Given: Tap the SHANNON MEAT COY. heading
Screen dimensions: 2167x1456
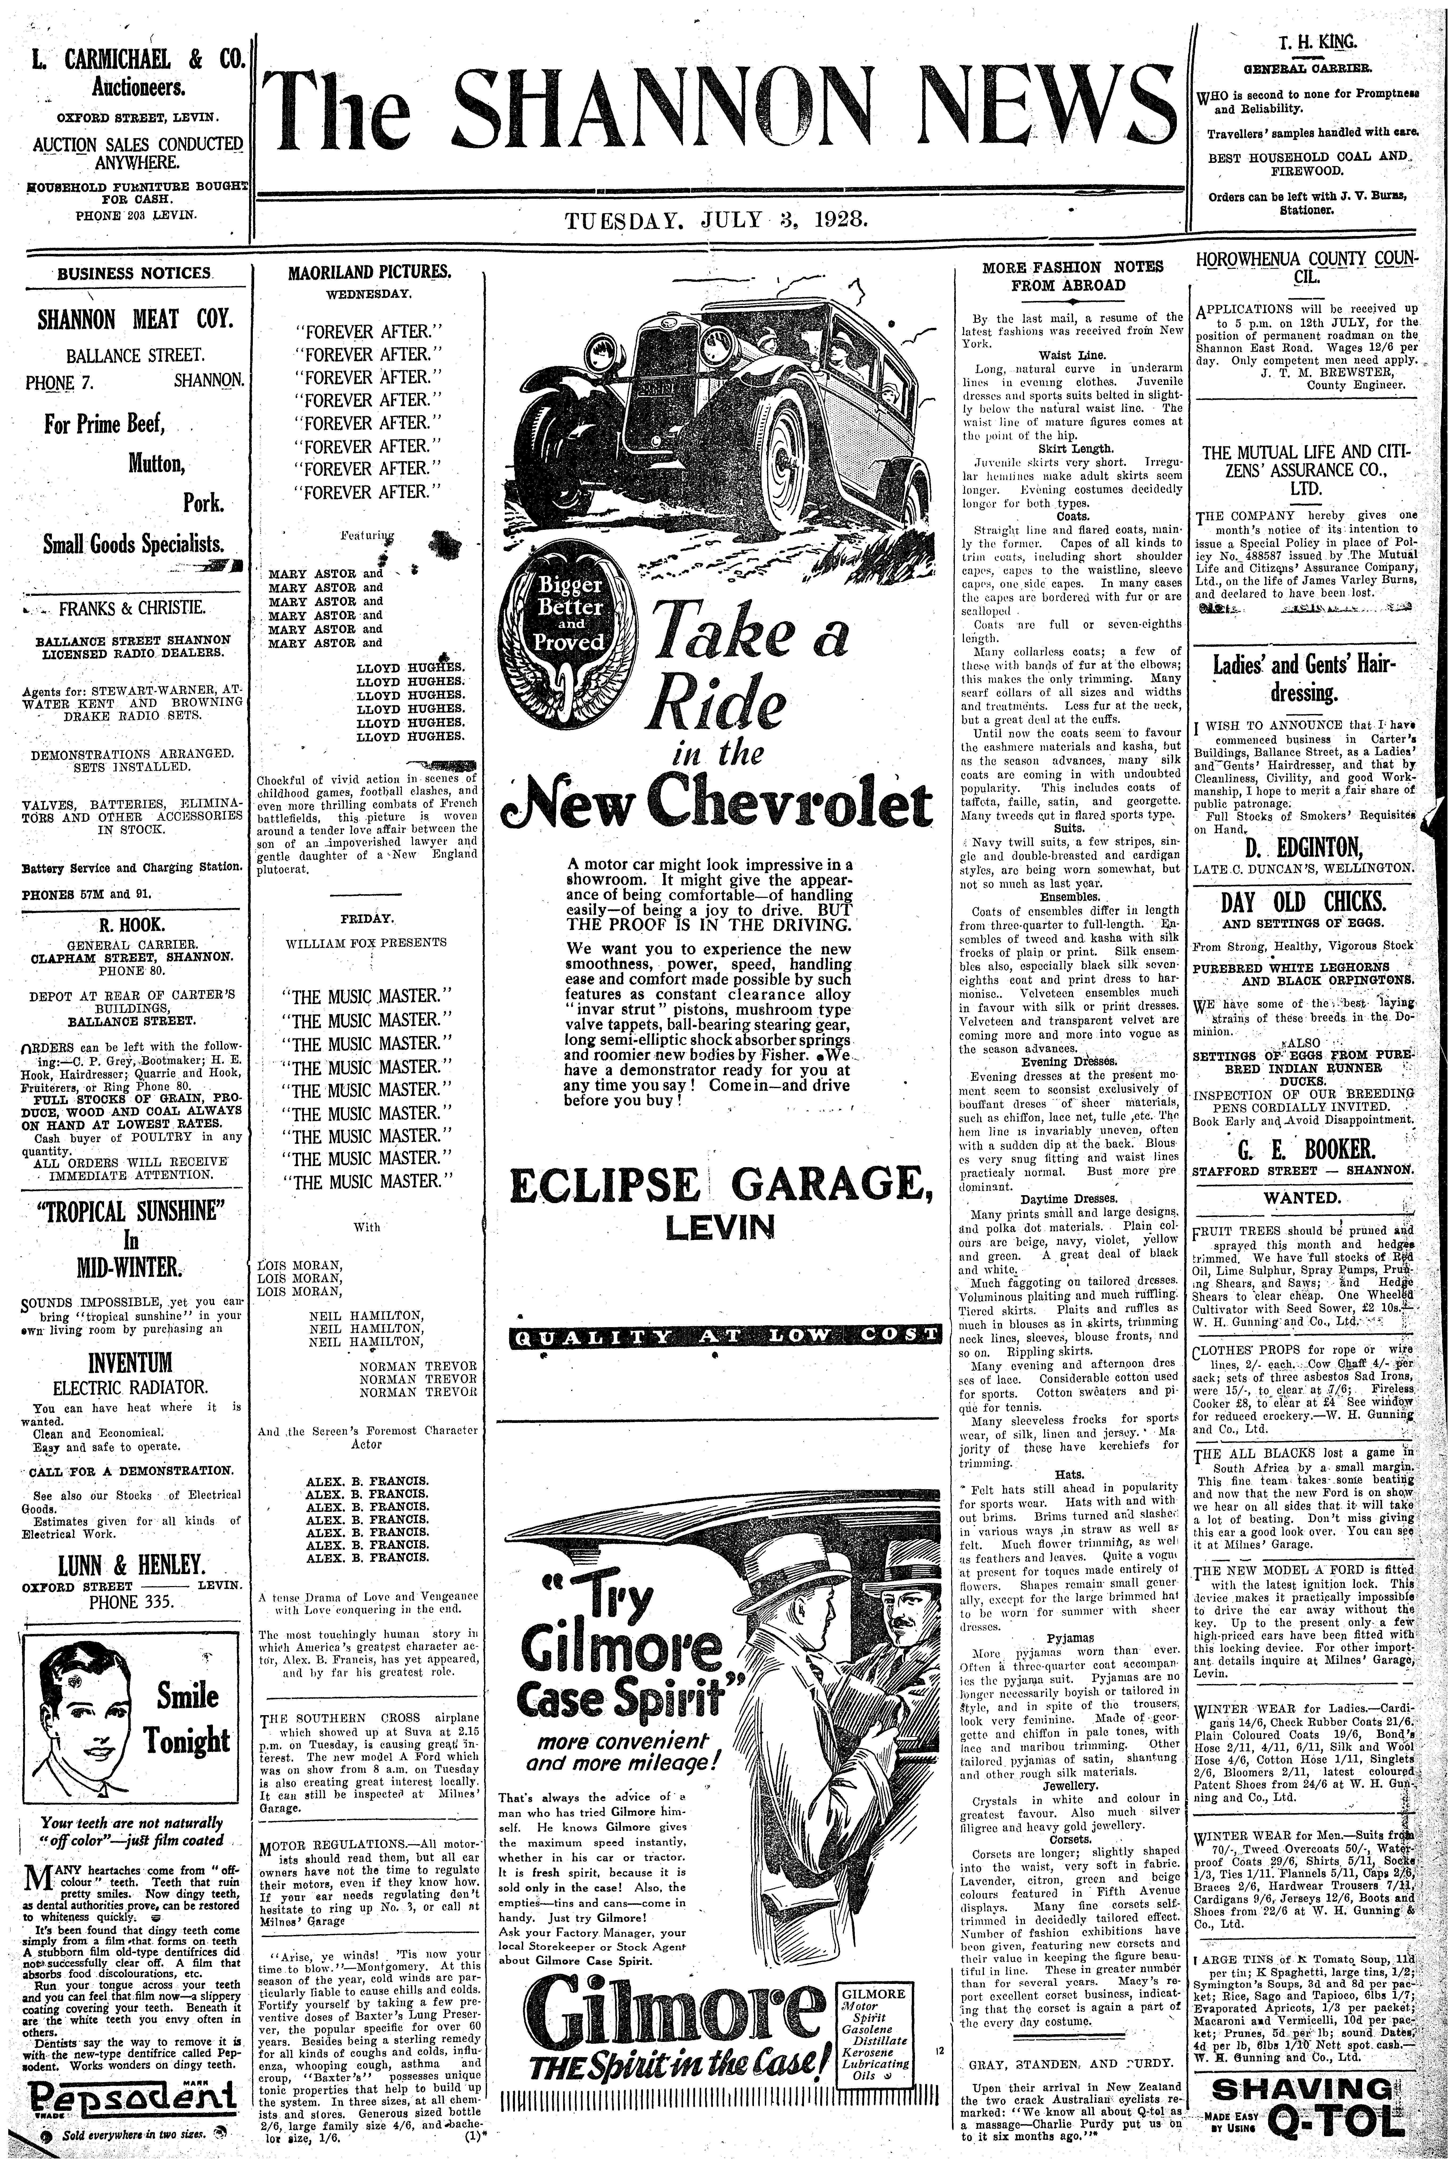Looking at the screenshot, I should (x=135, y=321).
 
